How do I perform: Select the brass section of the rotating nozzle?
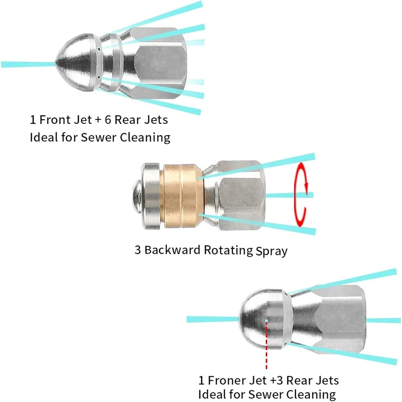[x=182, y=196]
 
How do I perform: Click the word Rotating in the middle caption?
[x=228, y=251]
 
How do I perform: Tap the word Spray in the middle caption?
[x=271, y=252]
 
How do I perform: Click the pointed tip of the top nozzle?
[x=55, y=64]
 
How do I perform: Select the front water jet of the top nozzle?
[x=28, y=64]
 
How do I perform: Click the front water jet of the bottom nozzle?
[x=213, y=319]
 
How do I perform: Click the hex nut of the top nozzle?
[x=160, y=63]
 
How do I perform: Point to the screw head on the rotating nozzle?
[x=136, y=196]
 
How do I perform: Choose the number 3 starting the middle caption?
[x=137, y=250]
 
